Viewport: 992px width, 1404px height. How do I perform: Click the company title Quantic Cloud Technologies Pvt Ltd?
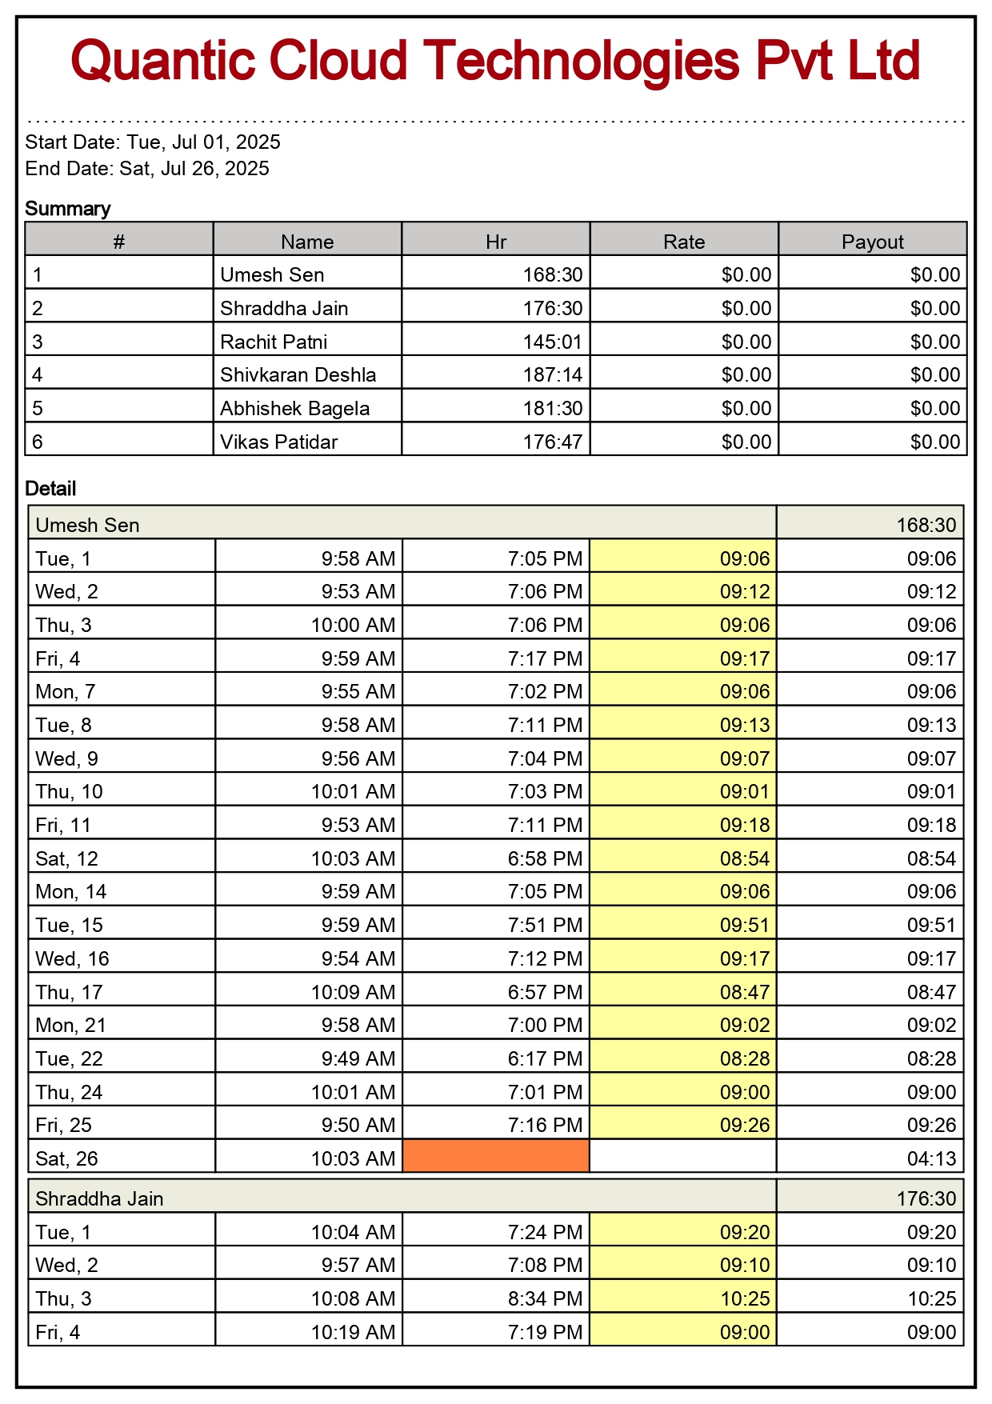495,61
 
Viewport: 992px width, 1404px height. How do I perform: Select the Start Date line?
153,142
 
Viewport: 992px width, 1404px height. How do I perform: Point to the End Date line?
147,169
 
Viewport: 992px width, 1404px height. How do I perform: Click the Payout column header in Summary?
872,242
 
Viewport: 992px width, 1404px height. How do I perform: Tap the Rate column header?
684,242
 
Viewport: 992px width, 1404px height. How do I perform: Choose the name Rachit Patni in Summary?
274,342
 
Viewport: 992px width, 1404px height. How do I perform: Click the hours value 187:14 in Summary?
553,375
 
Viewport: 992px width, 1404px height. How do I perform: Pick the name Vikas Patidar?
278,442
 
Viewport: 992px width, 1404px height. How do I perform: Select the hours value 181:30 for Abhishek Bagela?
553,409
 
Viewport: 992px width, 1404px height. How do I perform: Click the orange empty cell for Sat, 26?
496,1158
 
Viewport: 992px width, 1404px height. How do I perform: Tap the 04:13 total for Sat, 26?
931,1158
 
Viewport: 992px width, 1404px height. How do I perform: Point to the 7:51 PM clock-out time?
545,926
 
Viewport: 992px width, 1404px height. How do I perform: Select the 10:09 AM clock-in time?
353,993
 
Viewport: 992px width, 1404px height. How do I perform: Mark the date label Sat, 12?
66,859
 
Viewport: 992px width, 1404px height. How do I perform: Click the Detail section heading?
50,489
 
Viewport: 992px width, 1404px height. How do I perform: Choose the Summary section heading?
68,209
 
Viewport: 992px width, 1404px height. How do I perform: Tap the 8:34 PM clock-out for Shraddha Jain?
545,1298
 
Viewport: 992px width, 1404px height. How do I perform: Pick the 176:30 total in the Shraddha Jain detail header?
926,1198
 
